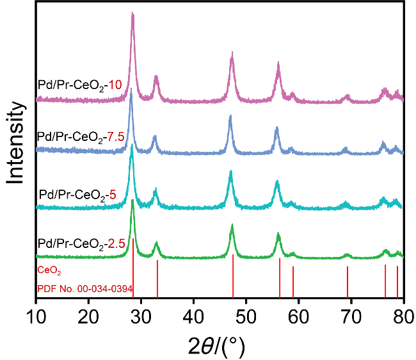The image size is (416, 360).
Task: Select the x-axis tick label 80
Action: point(403,315)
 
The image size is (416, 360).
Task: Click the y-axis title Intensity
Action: point(17,146)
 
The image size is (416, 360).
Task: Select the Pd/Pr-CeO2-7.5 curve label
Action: point(82,137)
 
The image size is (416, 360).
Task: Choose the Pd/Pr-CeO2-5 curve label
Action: point(77,193)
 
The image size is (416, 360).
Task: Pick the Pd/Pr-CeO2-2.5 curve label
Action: point(81,244)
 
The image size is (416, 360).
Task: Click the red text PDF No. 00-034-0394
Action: point(84,290)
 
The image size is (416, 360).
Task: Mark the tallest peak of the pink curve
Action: point(132,14)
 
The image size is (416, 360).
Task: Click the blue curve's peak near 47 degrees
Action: point(230,117)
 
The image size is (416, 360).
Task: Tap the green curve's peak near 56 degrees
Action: point(278,234)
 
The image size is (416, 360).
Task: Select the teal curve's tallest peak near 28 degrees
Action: point(132,145)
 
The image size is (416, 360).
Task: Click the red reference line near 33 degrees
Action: point(157,279)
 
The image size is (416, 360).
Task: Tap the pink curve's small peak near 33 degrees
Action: point(156,77)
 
